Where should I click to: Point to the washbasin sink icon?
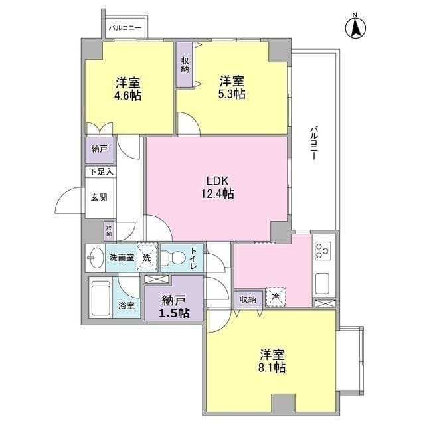click(x=96, y=256)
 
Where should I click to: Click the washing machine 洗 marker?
click(x=147, y=256)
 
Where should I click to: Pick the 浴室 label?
click(x=126, y=306)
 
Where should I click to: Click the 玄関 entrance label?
click(x=100, y=197)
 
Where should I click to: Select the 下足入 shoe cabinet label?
click(x=100, y=172)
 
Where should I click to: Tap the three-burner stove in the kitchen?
click(x=323, y=251)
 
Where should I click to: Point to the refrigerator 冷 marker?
click(x=274, y=297)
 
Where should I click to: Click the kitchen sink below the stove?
click(x=323, y=282)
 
